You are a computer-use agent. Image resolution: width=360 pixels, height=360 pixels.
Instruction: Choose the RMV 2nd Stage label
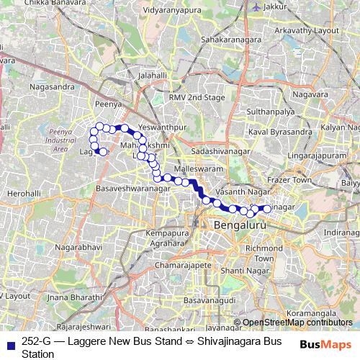pyautogui.click(x=197, y=96)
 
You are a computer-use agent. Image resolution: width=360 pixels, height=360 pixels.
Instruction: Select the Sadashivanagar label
pyautogui.click(x=220, y=152)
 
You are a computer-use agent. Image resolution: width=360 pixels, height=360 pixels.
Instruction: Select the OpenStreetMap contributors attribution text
pyautogui.click(x=297, y=323)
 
